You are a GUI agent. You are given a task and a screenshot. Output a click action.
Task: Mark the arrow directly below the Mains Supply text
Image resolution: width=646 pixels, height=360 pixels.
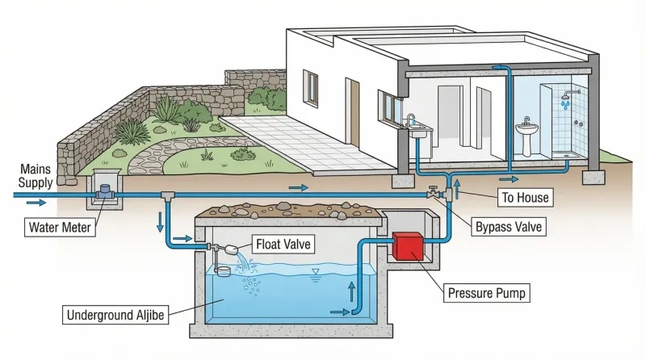[36, 203]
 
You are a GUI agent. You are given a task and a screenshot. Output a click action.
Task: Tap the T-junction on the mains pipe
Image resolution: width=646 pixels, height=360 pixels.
[167, 195]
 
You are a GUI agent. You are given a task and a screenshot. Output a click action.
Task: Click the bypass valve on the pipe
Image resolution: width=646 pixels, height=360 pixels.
[434, 195]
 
